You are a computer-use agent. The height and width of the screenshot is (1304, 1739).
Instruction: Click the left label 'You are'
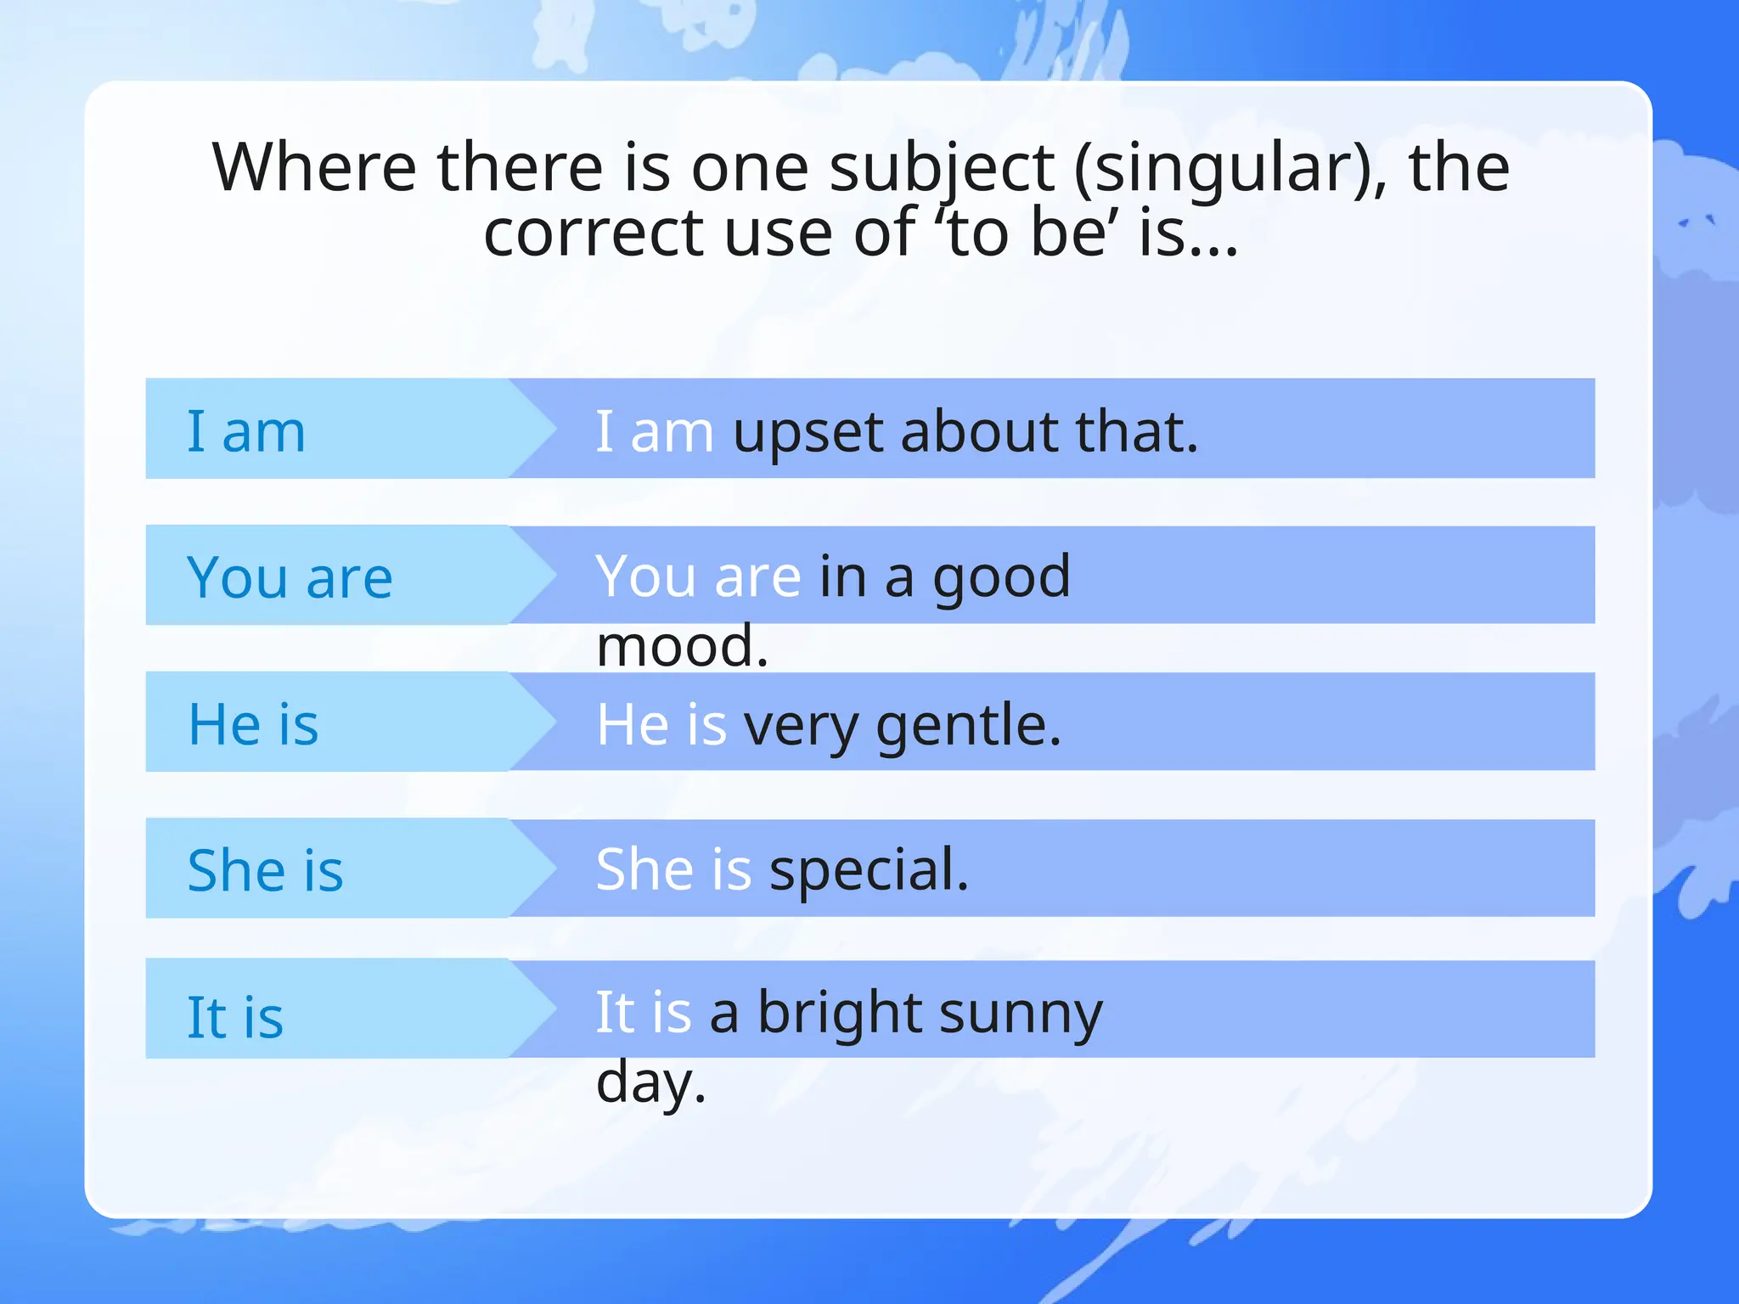[x=290, y=578]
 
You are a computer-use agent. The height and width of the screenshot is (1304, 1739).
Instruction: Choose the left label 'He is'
[x=253, y=725]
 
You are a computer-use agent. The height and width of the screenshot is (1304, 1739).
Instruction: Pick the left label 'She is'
[x=265, y=871]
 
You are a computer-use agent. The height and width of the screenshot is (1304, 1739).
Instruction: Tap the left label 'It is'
[x=235, y=1017]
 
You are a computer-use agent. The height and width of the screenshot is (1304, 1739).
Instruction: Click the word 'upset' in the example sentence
[x=807, y=433]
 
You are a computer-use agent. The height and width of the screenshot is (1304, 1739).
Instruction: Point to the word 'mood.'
[x=682, y=646]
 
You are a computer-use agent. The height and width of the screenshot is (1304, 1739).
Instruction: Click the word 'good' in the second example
[x=1002, y=578]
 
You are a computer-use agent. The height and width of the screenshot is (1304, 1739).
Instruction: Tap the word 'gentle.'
[x=968, y=727]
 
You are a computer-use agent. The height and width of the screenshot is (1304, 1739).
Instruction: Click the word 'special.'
[x=869, y=871]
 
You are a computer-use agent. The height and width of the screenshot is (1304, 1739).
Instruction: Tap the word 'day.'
[x=650, y=1083]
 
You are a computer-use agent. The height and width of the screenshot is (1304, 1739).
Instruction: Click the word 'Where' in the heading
[x=314, y=168]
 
